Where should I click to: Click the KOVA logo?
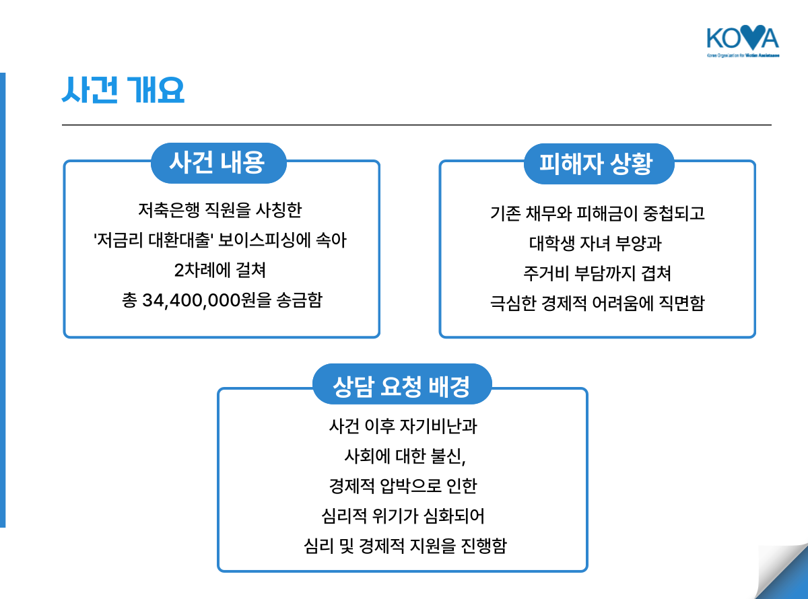coord(743,41)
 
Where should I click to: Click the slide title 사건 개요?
coord(123,90)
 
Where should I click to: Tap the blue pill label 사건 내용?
coord(219,163)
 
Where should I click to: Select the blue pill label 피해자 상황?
coord(599,164)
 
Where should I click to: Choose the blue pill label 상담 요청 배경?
coord(402,384)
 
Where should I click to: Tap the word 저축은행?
coord(169,210)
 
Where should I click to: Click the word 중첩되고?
coord(673,213)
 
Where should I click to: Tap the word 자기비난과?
coord(438,426)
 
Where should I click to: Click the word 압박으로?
coord(411,486)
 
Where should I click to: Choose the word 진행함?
coord(483,546)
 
